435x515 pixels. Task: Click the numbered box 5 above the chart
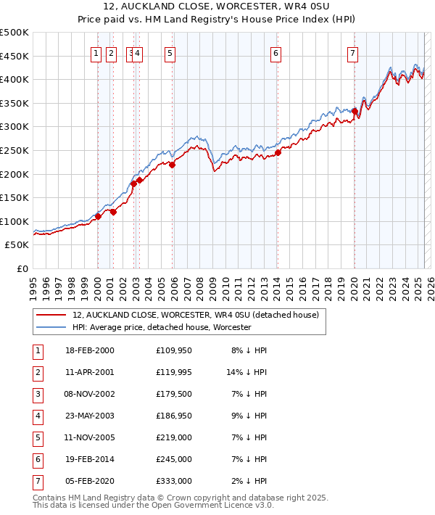tap(170, 52)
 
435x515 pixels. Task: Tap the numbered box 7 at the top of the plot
tap(352, 52)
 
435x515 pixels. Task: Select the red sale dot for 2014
tap(278, 152)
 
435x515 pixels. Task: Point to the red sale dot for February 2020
tap(355, 111)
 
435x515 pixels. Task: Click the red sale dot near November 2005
tap(173, 165)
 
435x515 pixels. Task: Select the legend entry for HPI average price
tap(161, 328)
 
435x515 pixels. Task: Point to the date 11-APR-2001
tap(89, 373)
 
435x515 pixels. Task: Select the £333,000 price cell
tap(174, 480)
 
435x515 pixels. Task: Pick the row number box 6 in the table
tap(37, 459)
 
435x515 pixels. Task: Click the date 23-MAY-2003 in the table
tap(89, 417)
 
